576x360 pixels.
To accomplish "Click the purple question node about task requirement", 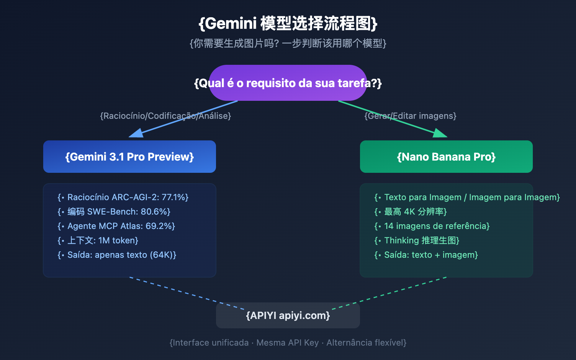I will click(x=288, y=83).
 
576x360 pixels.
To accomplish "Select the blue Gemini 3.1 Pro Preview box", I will click(x=130, y=157).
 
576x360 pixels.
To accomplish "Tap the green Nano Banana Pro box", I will click(x=446, y=157).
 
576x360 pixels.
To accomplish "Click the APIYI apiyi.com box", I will click(x=288, y=315).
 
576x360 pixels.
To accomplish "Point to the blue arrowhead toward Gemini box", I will click(x=136, y=134).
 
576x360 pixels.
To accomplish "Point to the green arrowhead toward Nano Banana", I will click(x=440, y=134).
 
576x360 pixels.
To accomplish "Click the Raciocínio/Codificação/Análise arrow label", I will click(x=166, y=116).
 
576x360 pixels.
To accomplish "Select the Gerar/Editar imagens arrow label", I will click(x=410, y=116).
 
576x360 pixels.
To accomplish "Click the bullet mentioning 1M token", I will click(x=98, y=240).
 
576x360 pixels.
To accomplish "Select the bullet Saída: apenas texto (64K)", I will click(x=117, y=255).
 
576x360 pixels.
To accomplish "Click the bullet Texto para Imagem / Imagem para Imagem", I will click(x=467, y=197).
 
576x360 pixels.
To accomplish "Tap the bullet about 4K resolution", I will click(x=410, y=212).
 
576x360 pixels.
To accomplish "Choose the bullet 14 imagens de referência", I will click(x=432, y=226).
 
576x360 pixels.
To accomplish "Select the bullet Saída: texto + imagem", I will click(x=426, y=255).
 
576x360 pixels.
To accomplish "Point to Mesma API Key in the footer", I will click(x=288, y=343).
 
